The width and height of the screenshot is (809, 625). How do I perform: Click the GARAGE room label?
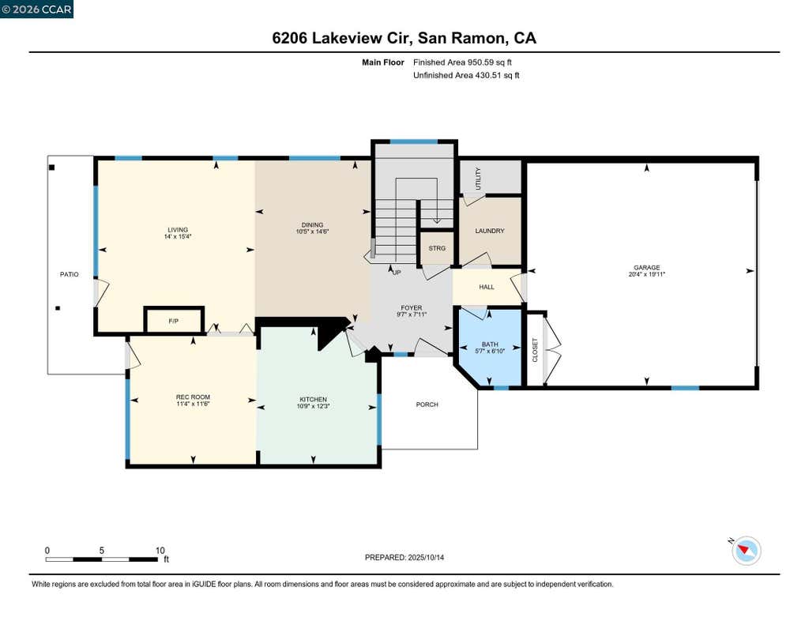pyautogui.click(x=646, y=267)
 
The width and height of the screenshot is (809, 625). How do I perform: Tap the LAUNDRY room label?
pyautogui.click(x=490, y=231)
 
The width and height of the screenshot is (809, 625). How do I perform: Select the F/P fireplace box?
pyautogui.click(x=174, y=321)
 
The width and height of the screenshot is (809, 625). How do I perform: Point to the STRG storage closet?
pyautogui.click(x=437, y=248)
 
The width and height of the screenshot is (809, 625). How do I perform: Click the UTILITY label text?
pyautogui.click(x=478, y=179)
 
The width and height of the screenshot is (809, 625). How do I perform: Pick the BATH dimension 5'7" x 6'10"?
pyautogui.click(x=490, y=351)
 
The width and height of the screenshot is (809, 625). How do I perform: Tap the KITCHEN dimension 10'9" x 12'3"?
pyautogui.click(x=313, y=406)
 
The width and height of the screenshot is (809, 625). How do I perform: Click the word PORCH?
pyautogui.click(x=427, y=405)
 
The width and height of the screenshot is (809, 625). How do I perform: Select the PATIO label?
pyautogui.click(x=70, y=274)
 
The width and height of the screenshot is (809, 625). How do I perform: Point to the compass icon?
pyautogui.click(x=746, y=551)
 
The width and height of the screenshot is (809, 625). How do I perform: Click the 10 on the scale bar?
pyautogui.click(x=160, y=551)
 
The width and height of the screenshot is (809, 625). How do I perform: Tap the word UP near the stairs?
pyautogui.click(x=397, y=273)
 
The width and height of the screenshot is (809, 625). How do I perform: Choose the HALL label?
pyautogui.click(x=487, y=287)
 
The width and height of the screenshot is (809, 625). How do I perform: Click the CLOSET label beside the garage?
pyautogui.click(x=535, y=350)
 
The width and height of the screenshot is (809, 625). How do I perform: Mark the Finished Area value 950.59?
pyautogui.click(x=480, y=62)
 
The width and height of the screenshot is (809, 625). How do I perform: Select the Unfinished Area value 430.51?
pyautogui.click(x=488, y=75)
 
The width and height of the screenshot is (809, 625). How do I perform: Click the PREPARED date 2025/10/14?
pyautogui.click(x=426, y=557)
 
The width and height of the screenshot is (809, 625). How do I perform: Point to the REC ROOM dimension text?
pyautogui.click(x=193, y=404)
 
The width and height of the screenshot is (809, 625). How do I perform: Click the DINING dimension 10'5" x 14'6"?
pyautogui.click(x=313, y=232)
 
